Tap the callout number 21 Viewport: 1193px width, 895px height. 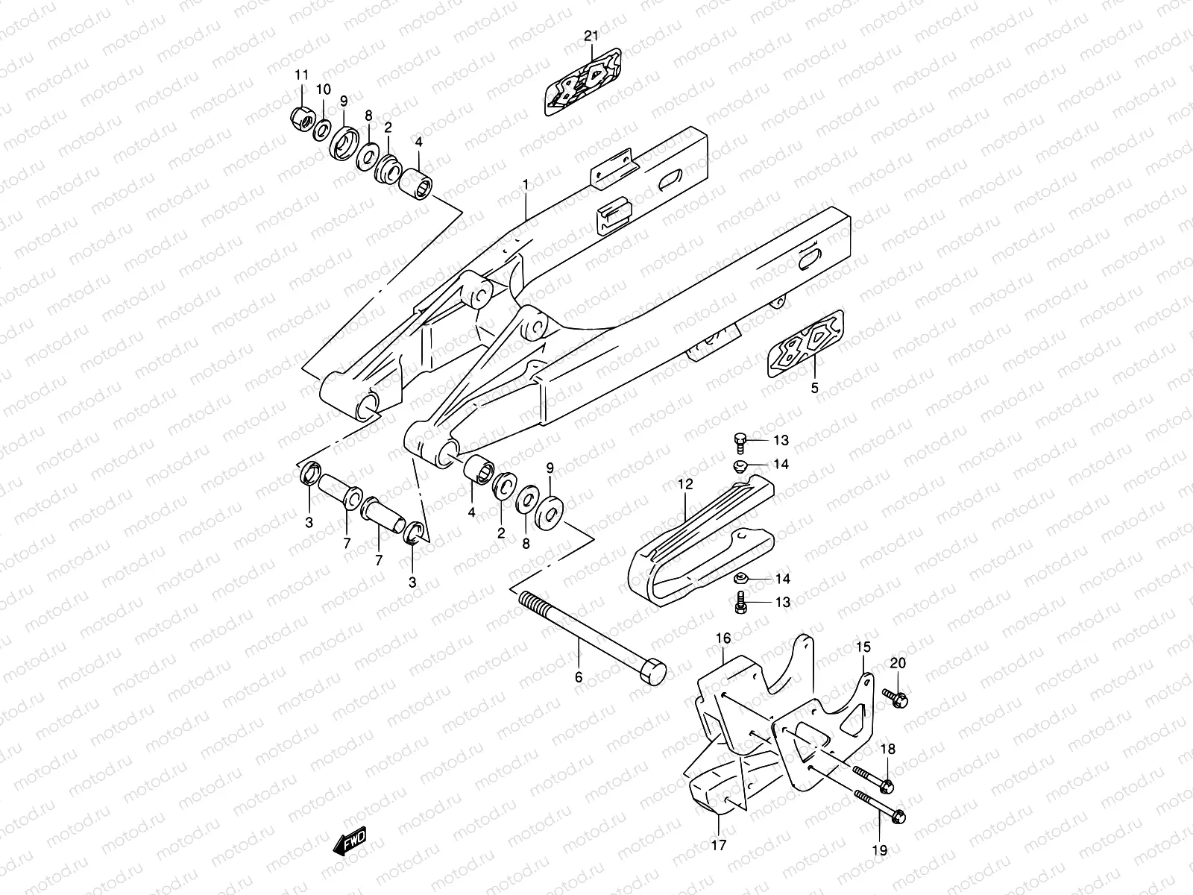pos(591,37)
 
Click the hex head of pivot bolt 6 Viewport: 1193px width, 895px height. pos(652,670)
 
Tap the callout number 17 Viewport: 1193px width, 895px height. pos(720,844)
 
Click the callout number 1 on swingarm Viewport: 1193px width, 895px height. pos(525,183)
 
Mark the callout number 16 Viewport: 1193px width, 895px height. pos(723,638)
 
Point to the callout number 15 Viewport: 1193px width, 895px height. pos(863,647)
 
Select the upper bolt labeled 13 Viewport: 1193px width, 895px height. pos(740,442)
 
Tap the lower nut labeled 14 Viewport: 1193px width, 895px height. pos(741,579)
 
